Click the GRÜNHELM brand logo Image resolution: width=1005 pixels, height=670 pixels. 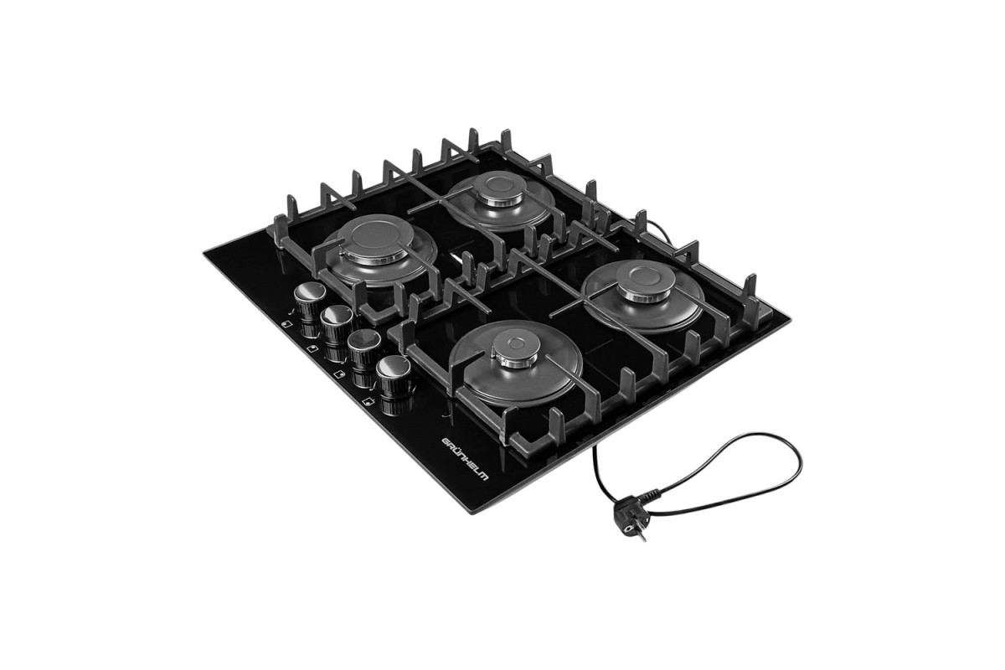pos(466,461)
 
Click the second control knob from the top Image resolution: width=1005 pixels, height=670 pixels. pos(337,322)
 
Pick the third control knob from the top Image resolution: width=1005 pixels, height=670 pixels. pos(363,346)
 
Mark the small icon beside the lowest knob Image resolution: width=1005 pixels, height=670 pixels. pos(368,402)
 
